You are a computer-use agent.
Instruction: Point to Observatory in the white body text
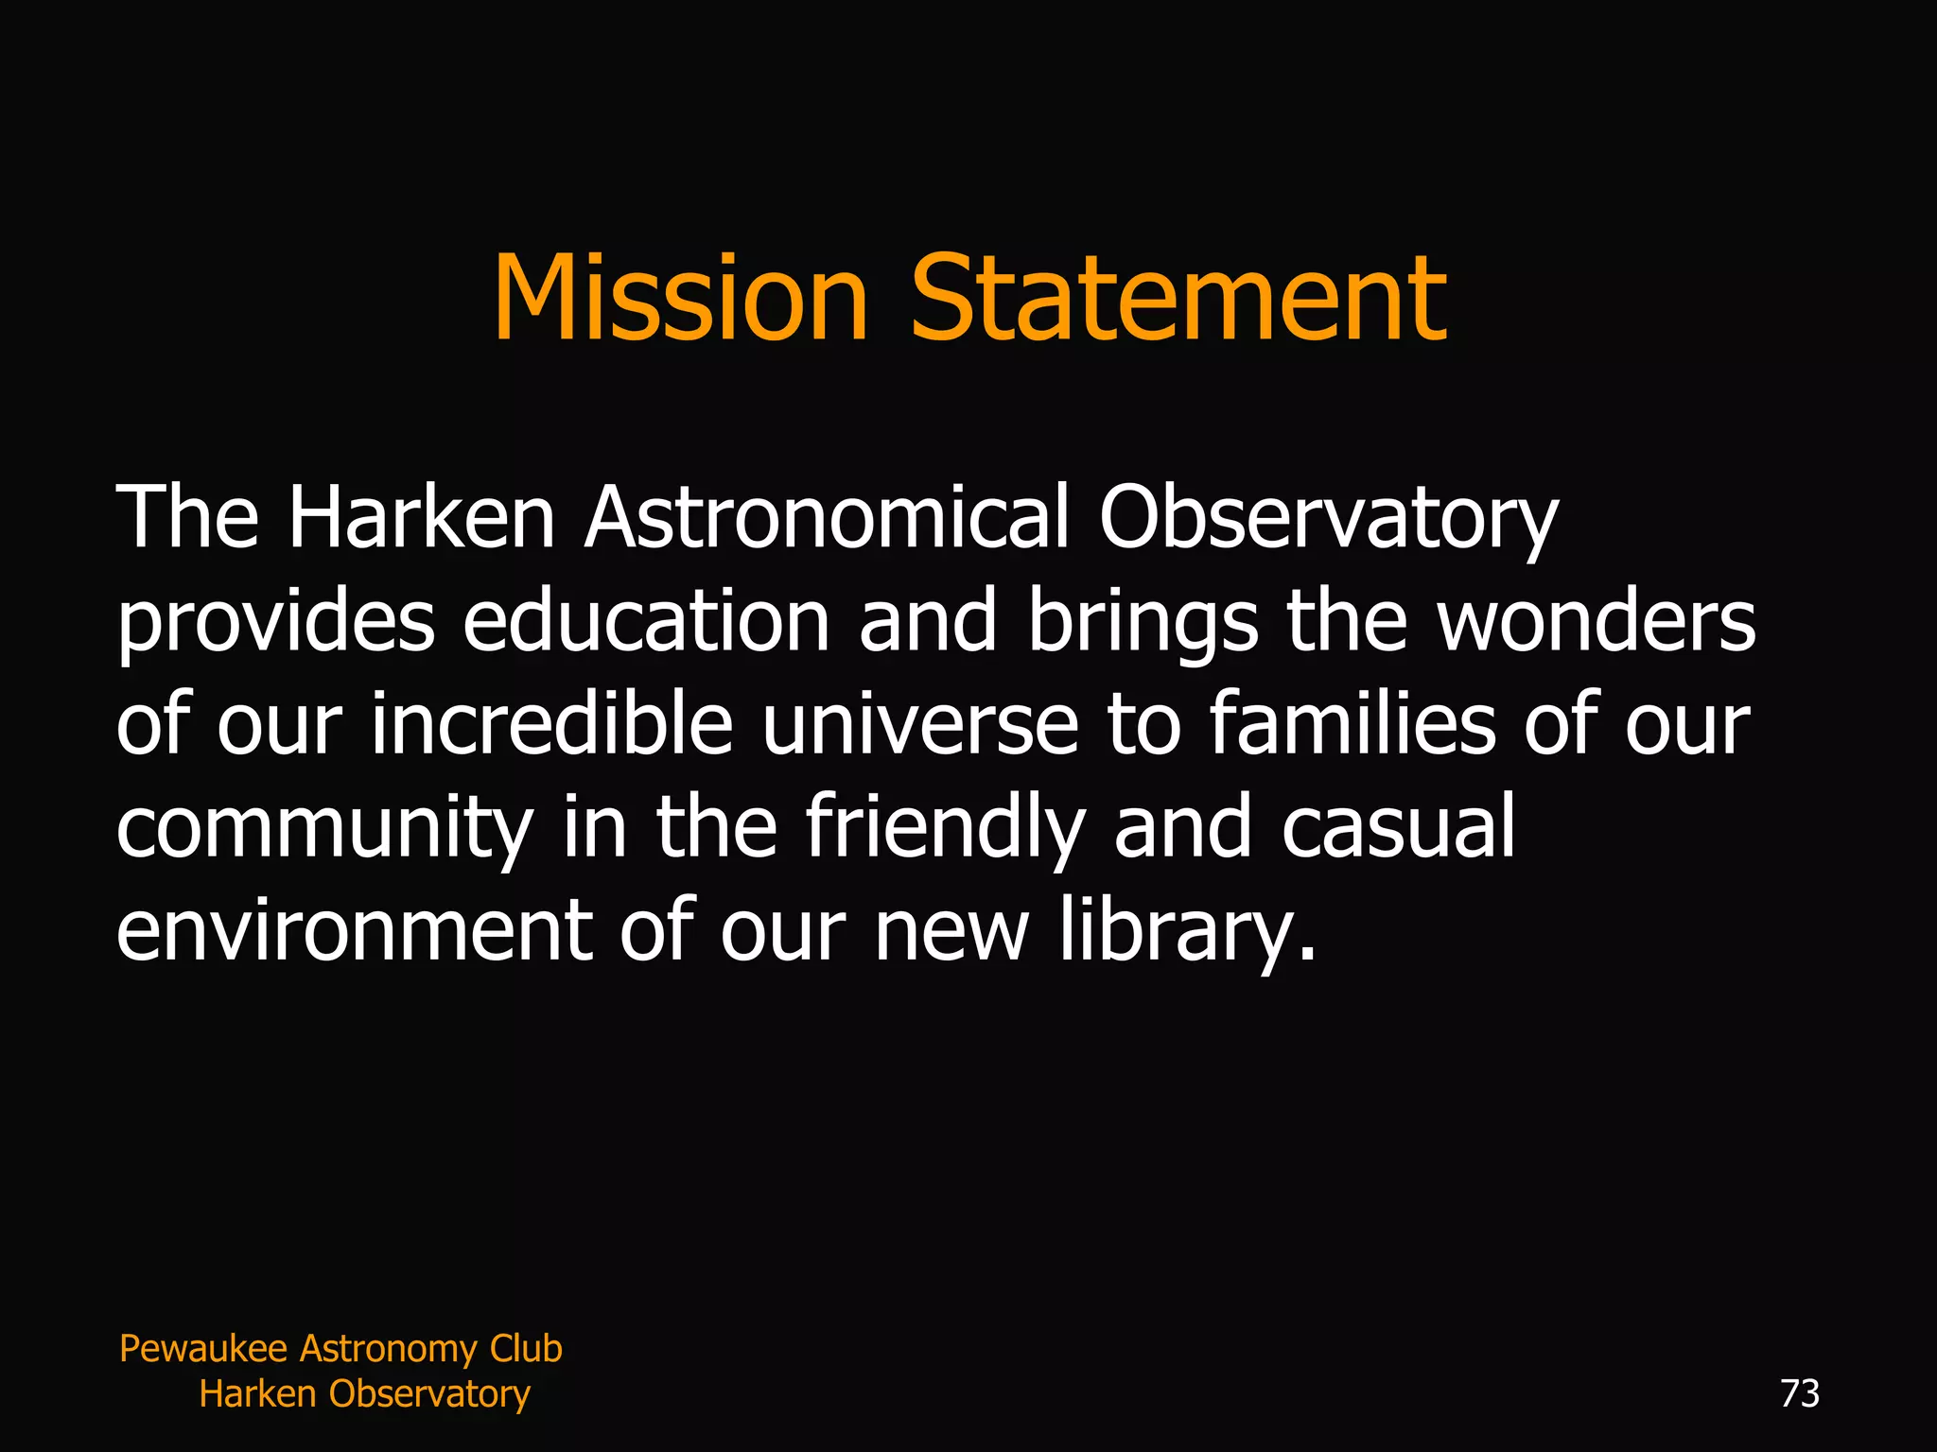[1328, 519]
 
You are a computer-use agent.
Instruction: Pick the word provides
[275, 623]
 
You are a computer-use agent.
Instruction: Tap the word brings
[1143, 623]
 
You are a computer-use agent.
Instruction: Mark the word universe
[919, 726]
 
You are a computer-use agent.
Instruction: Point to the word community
[324, 829]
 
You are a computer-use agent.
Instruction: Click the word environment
[354, 930]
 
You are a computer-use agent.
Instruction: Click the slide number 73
[1799, 1393]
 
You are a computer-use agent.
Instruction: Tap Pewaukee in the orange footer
[203, 1349]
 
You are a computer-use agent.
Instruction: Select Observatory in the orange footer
[429, 1394]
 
